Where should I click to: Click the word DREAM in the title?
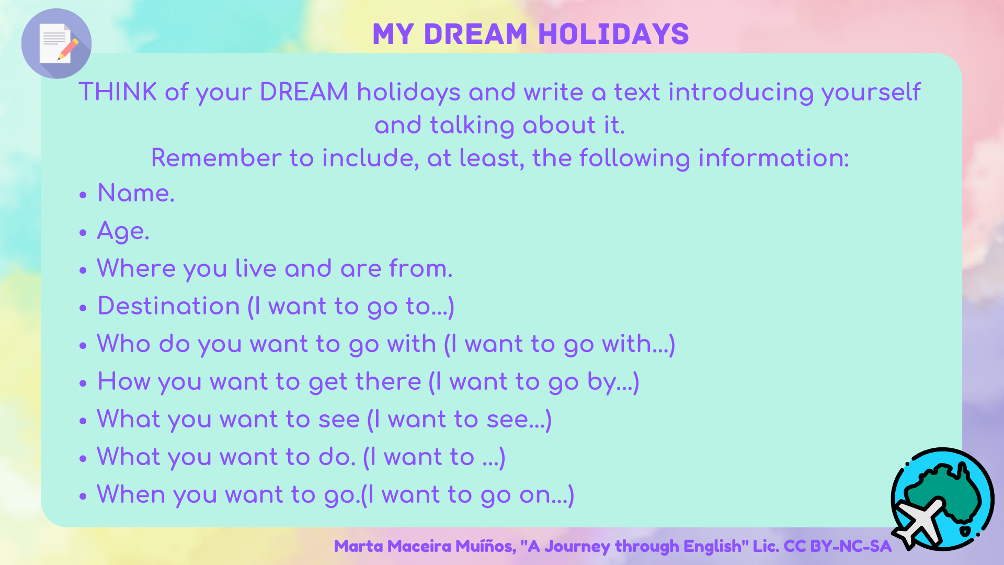tap(475, 34)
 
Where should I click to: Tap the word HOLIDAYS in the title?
tap(613, 34)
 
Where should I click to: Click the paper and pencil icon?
tap(56, 43)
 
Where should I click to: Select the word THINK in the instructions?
tap(118, 92)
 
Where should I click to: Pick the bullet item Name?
tap(136, 193)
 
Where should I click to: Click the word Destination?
tap(169, 306)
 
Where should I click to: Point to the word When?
tap(131, 494)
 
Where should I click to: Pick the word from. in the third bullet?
tap(421, 268)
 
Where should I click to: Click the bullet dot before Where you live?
tap(83, 270)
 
